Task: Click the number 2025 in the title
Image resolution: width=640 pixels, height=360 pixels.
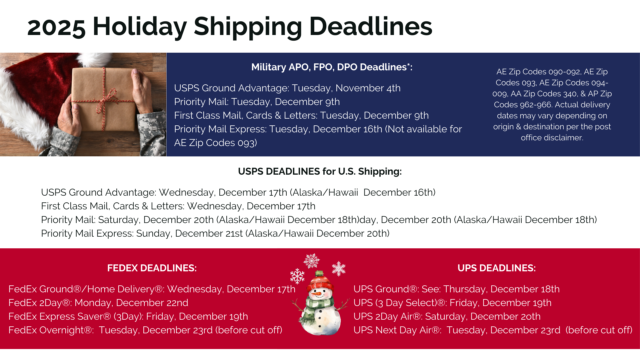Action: coord(56,27)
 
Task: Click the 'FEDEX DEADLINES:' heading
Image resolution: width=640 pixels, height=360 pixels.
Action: coord(152,268)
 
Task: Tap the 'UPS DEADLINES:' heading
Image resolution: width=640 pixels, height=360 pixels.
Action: coord(497,268)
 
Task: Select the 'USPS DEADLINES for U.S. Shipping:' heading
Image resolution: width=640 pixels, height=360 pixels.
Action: coord(320,171)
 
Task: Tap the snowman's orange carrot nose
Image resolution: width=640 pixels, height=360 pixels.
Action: coord(319,294)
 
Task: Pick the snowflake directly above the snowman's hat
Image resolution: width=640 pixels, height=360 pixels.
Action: coord(311,261)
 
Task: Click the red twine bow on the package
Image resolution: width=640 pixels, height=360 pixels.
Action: coord(104,100)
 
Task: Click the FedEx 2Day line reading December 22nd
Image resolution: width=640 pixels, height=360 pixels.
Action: coord(98,303)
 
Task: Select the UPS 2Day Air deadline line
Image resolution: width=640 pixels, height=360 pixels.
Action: coord(447,316)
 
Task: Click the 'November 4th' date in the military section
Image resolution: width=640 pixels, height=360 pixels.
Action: coord(368,88)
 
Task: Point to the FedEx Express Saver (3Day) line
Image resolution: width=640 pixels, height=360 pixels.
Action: coord(128,316)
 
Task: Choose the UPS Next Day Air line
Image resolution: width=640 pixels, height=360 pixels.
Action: coord(493,330)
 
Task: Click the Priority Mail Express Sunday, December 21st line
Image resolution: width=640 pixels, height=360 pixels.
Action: coord(215,233)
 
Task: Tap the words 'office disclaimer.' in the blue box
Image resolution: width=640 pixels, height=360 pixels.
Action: coord(552,138)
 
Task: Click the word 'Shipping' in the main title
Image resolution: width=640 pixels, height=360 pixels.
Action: coord(248,27)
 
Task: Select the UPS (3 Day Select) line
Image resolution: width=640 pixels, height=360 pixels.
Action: coord(452,303)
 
